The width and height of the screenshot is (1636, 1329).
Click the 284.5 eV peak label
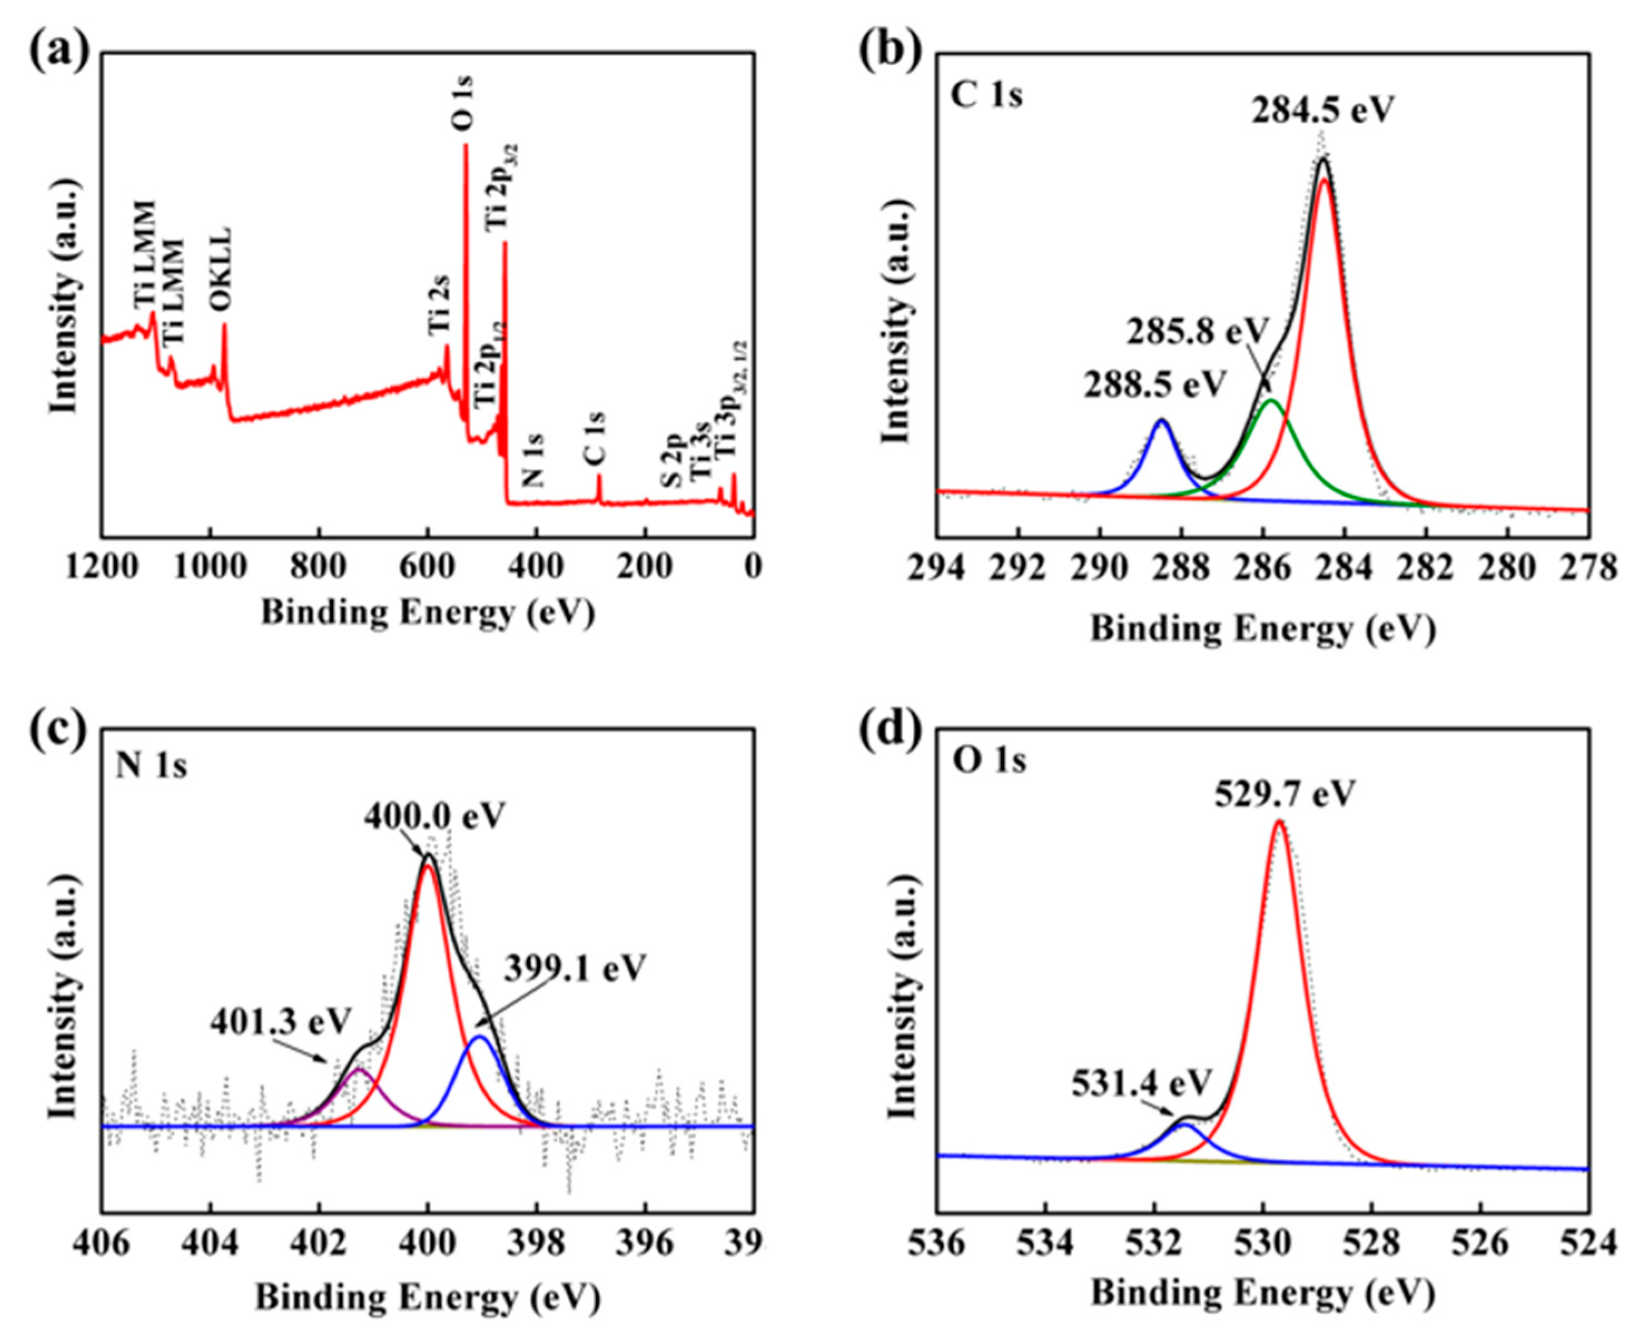(1323, 110)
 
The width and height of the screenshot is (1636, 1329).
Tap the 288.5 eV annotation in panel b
(1154, 384)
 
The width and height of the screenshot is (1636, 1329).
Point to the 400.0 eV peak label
(435, 816)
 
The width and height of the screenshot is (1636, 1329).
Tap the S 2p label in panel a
(671, 460)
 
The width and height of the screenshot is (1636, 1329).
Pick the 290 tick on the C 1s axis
(1100, 567)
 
